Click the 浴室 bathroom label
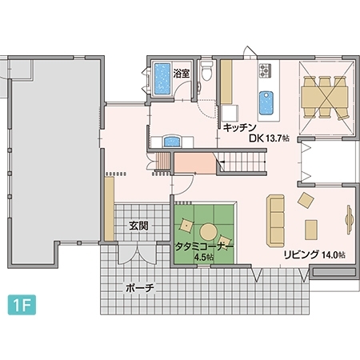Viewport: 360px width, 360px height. tap(182, 73)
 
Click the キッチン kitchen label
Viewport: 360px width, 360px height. tap(239, 127)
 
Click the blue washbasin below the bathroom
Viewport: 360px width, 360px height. tap(171, 141)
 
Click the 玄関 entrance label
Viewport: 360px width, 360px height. tap(138, 226)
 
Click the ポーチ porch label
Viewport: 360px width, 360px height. tap(138, 286)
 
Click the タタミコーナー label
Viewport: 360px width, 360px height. tap(203, 246)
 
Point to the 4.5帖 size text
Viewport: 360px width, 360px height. tap(203, 258)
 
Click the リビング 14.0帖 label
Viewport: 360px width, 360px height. tap(314, 254)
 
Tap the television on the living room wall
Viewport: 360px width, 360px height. tap(349, 217)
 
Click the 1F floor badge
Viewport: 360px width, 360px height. tap(19, 304)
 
